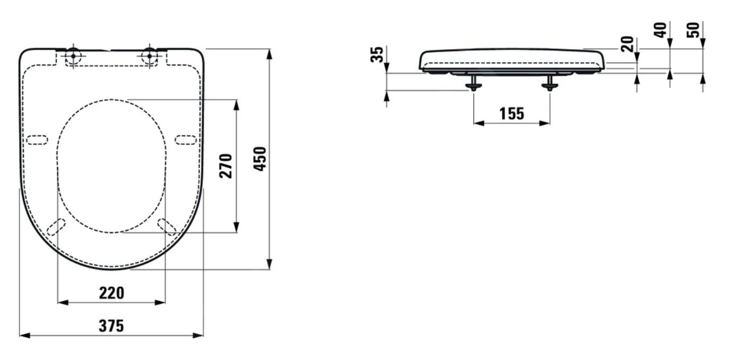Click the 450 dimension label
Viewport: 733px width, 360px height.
[x=260, y=159]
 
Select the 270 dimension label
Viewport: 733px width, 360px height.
[x=226, y=166]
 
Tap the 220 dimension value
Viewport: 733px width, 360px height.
[x=112, y=293]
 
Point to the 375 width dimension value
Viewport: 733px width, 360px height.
[x=111, y=326]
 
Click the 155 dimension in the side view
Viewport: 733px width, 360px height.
[x=512, y=114]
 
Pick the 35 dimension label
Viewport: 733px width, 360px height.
[x=377, y=54]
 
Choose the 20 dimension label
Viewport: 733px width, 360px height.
[x=627, y=44]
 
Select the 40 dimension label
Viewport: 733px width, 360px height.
[x=661, y=30]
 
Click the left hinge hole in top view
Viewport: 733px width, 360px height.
[x=74, y=56]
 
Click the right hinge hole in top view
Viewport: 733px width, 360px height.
[x=150, y=56]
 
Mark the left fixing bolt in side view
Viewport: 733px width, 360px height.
[x=473, y=83]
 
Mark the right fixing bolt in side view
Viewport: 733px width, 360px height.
[x=550, y=83]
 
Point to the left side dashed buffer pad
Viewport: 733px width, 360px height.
[x=37, y=140]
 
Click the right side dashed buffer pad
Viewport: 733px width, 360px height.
[x=186, y=140]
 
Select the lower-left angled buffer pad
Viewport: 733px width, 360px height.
[x=56, y=227]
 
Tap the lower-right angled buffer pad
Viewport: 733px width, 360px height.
[x=167, y=227]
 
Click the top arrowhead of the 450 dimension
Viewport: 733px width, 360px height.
[x=269, y=54]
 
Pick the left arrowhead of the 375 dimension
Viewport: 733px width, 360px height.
[x=25, y=336]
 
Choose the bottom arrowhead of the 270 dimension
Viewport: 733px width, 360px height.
[x=236, y=227]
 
